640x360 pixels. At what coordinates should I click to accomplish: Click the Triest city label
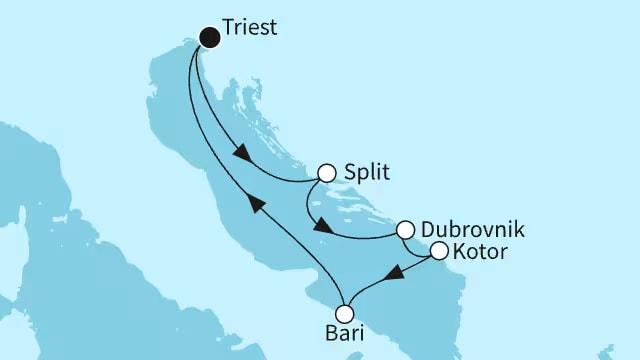tap(251, 30)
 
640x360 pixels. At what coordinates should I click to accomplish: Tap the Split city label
tap(366, 173)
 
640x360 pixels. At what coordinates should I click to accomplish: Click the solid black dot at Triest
tap(210, 38)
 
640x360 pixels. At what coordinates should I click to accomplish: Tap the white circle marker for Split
tap(326, 173)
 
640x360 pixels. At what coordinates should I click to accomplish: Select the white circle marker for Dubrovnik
tap(406, 230)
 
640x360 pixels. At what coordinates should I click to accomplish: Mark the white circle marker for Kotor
tap(438, 252)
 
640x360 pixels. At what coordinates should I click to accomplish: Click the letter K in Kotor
tap(460, 252)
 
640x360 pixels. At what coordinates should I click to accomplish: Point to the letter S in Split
tap(350, 173)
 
